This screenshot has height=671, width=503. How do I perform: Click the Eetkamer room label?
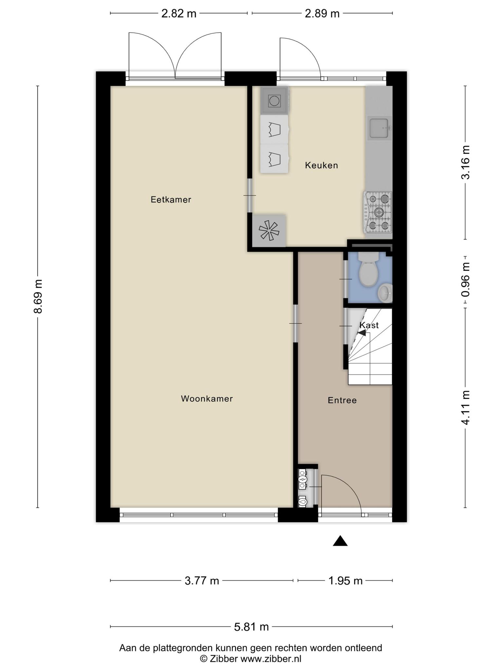pos(171,200)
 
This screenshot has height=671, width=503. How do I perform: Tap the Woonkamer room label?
pos(207,399)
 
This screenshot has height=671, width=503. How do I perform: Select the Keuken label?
pos(321,165)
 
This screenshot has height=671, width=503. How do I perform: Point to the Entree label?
pos(342,400)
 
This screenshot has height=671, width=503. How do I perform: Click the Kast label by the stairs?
pos(369,325)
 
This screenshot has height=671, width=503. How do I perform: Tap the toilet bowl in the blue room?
pos(368,270)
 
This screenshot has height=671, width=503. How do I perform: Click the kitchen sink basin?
pos(379,128)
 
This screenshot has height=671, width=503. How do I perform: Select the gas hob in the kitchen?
pos(378,213)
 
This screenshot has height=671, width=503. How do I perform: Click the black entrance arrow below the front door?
pos(340,541)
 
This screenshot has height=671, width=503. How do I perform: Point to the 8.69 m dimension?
pos(38,297)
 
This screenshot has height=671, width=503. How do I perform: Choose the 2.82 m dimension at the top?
pos(179,13)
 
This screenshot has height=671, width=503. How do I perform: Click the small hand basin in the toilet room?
pos(385,293)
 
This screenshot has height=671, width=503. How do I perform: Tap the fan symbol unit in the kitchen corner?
pos(269,231)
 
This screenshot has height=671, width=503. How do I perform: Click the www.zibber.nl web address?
pos(271,659)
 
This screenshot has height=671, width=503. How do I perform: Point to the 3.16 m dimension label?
pos(465,162)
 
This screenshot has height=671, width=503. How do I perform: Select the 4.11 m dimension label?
pos(465,408)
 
